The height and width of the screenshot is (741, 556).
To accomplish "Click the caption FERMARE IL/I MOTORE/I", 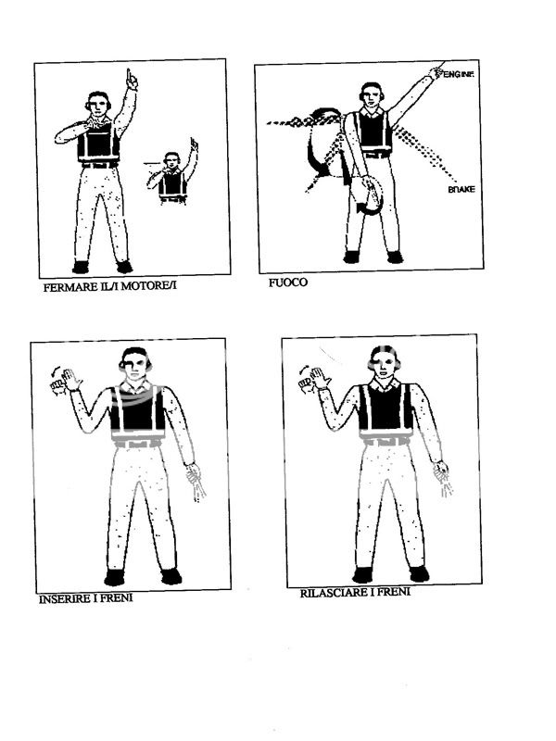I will pyautogui.click(x=109, y=286).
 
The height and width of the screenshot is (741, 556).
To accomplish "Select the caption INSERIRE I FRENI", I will pyautogui.click(x=85, y=598).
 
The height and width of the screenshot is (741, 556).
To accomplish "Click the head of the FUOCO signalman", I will pyautogui.click(x=372, y=94).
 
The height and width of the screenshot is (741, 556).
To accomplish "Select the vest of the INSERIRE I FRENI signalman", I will pyautogui.click(x=138, y=413).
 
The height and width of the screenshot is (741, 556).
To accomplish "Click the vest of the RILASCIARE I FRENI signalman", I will pyautogui.click(x=386, y=408).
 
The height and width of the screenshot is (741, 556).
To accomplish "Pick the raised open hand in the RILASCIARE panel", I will pyautogui.click(x=320, y=378).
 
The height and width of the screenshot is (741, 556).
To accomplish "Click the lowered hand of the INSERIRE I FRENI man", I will pyautogui.click(x=196, y=482).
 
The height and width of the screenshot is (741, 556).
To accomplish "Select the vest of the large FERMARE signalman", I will pyautogui.click(x=98, y=143).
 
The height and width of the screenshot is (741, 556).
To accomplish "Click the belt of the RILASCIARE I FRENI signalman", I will pyautogui.click(x=386, y=441).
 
